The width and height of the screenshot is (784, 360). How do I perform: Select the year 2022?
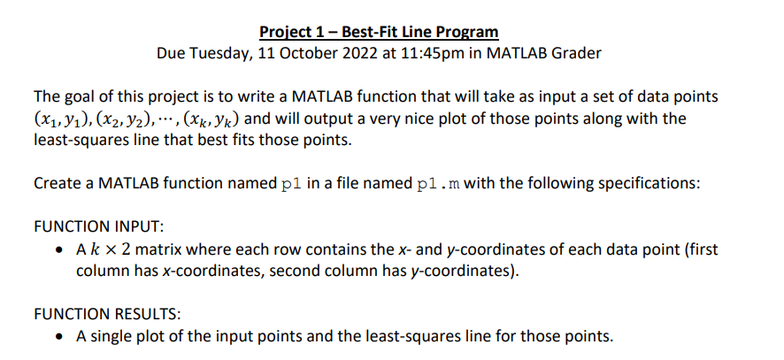coord(382,53)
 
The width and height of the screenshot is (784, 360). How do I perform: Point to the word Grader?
coord(576,53)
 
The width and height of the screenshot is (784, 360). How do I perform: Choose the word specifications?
coord(657,184)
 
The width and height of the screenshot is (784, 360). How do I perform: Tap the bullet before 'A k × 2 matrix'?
coord(58,249)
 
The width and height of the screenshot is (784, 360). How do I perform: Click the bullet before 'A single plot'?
coord(58,336)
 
